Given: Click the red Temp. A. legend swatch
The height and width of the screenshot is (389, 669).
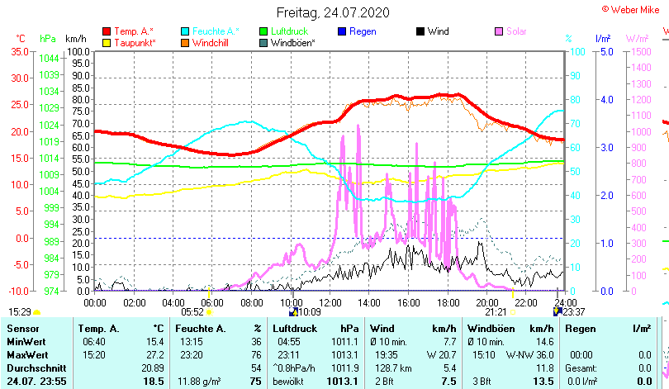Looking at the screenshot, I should [107, 31].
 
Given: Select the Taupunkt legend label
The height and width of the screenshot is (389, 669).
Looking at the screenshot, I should [135, 42].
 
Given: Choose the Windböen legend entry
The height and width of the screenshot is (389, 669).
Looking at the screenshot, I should [292, 42].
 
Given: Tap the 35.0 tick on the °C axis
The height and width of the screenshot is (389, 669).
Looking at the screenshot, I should [17, 51].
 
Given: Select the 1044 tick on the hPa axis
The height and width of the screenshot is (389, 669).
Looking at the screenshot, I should [49, 59].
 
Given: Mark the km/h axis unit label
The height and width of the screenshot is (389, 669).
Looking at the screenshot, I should [76, 39].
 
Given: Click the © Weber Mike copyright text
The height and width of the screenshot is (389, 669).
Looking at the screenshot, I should [631, 8].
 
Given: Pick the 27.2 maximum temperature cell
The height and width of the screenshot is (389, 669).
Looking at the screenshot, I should [154, 354].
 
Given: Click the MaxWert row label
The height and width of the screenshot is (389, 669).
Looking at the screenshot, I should [27, 354].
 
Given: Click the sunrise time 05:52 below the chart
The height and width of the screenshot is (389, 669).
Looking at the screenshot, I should [192, 311].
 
